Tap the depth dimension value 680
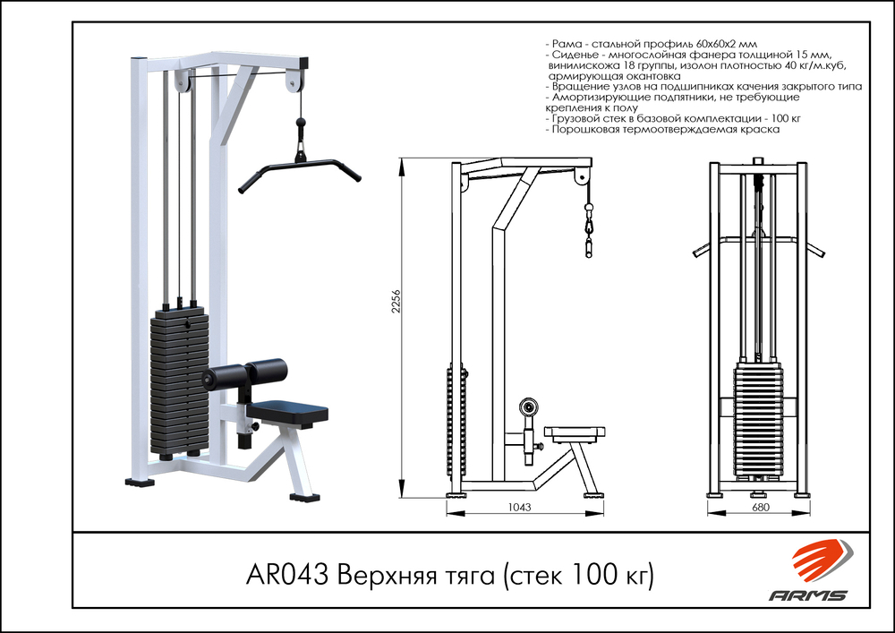click(x=760, y=508)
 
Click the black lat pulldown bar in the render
click(x=299, y=167)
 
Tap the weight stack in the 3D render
click(x=180, y=381)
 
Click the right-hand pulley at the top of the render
click(x=292, y=81)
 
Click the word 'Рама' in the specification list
click(x=566, y=44)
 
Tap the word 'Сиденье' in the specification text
click(x=573, y=56)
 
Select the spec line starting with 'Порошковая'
click(x=662, y=130)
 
